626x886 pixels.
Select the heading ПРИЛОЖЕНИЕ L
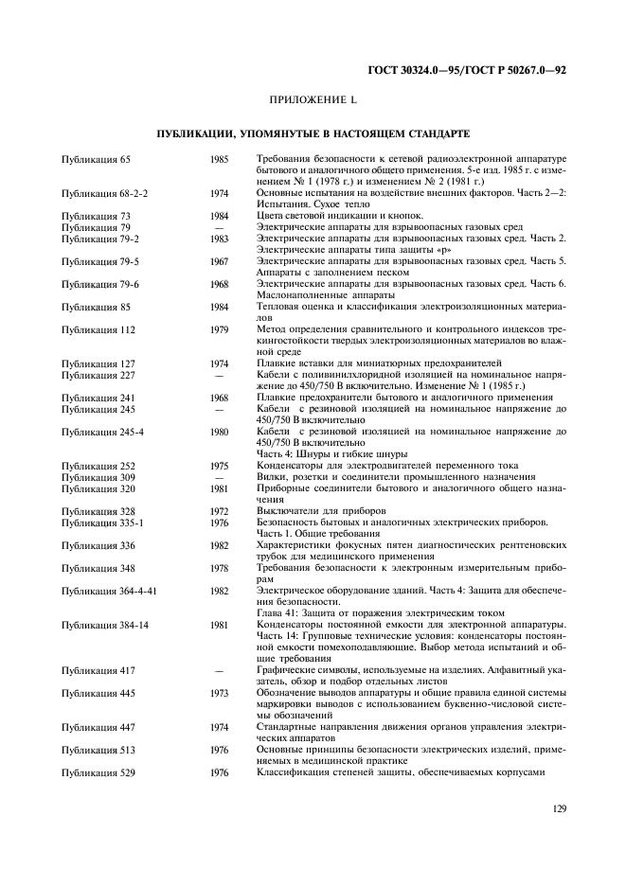312,99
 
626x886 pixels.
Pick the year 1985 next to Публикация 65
219,159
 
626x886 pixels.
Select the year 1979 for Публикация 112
219,329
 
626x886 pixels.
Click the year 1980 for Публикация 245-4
219,432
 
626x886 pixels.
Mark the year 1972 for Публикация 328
219,511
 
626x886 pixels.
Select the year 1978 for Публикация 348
219,567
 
